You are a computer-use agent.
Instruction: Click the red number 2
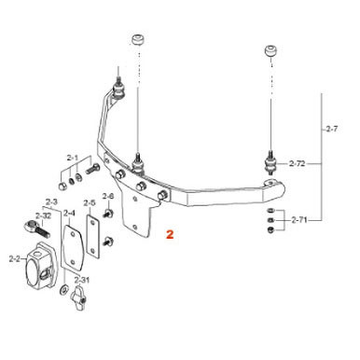coord(169,237)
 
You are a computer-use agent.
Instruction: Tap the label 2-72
coord(298,164)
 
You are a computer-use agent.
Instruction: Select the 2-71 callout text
coord(298,220)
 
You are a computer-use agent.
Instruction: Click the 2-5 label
coord(90,202)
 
